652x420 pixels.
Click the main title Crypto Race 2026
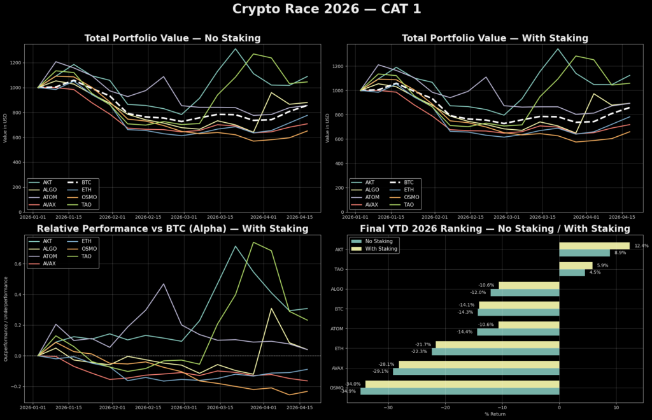tap(326, 10)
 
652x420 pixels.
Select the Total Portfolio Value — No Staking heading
tap(173, 38)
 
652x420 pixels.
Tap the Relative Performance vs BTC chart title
tap(173, 228)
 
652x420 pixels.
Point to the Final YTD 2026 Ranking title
tap(495, 228)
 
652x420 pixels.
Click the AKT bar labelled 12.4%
tap(594, 246)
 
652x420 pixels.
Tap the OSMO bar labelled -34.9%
tap(460, 391)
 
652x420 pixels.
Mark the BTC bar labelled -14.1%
tap(519, 305)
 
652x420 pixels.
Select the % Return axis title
tap(495, 414)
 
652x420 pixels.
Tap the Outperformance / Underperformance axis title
tap(6, 319)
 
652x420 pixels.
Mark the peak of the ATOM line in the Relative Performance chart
tap(164, 284)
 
